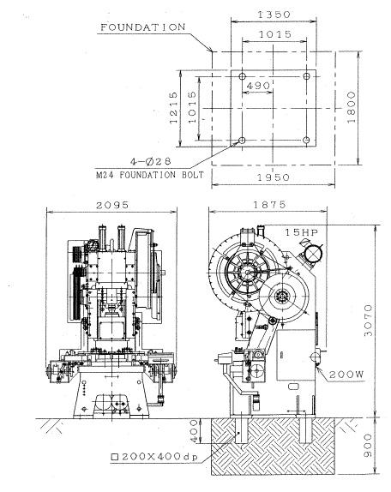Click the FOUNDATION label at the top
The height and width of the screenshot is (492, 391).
point(143,27)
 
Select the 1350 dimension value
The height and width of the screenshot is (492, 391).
point(274,15)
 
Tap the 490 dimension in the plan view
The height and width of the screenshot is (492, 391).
point(258,86)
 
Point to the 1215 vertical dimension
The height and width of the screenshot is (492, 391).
point(173,108)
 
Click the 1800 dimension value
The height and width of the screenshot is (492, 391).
point(352,107)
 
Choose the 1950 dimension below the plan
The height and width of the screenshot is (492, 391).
point(274,177)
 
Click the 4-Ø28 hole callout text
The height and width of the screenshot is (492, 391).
point(151,161)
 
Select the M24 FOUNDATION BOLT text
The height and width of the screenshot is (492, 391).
point(150,175)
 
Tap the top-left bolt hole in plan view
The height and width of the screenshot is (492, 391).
point(242,76)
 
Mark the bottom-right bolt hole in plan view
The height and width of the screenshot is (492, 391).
point(307,140)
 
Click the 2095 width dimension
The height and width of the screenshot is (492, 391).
point(112,205)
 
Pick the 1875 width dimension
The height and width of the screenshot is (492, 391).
point(269,205)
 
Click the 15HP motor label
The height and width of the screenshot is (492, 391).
point(301,232)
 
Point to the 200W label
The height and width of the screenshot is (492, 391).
point(346,374)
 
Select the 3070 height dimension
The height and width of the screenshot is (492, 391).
point(368,320)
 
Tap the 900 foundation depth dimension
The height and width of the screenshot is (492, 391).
point(368,445)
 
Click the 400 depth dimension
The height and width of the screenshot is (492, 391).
point(195,431)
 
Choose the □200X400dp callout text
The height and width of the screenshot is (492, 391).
point(154,457)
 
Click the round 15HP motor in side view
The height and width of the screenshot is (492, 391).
point(314,253)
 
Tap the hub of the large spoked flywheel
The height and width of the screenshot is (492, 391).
point(247,273)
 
